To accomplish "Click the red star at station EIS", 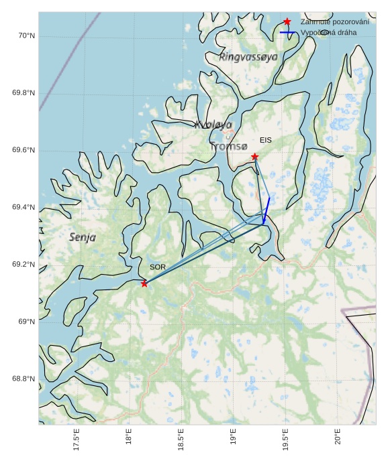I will coord(255,157).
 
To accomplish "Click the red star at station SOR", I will coord(144,283).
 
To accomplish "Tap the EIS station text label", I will coord(266,140).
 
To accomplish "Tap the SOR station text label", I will coord(158,267).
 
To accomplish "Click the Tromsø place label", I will coord(228,146).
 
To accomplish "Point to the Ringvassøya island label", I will coord(248,58).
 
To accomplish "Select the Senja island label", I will coord(83,237).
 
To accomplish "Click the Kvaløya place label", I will coord(213,125).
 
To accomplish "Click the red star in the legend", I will coord(287,22).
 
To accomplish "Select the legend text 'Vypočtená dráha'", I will coord(329,33).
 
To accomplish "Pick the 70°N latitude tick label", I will coord(25,36).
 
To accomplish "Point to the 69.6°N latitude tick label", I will coord(23,150).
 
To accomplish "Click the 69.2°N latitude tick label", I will coord(23,265).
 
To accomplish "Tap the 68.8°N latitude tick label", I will coord(23,379).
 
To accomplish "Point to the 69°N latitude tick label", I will coord(26,322).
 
